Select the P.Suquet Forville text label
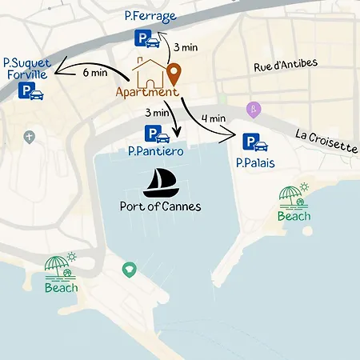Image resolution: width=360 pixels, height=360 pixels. click(x=25, y=68)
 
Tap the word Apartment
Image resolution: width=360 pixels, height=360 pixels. click(x=146, y=92)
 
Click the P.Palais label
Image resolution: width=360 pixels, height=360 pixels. click(x=255, y=162)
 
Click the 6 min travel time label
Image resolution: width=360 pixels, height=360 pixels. click(x=94, y=72)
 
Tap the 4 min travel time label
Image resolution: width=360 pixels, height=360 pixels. click(x=214, y=118)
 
